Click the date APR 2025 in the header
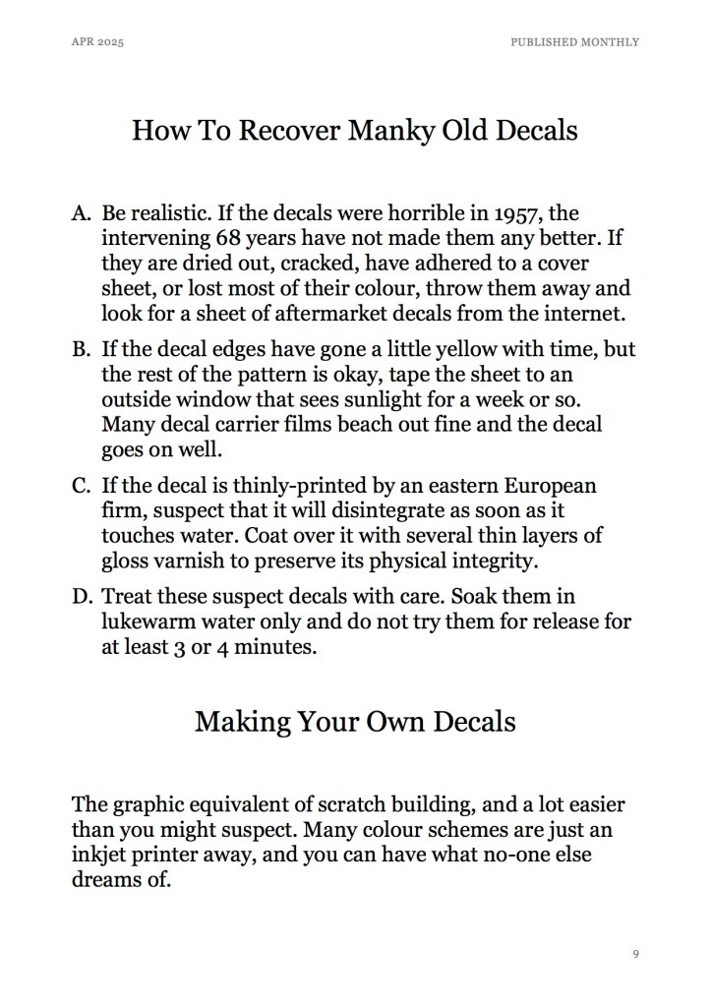point(98,42)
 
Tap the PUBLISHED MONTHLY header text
point(574,42)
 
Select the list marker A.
point(82,213)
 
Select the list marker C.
point(82,488)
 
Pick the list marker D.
point(82,598)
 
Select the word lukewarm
point(148,623)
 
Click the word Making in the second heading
point(242,722)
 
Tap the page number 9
point(636,954)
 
